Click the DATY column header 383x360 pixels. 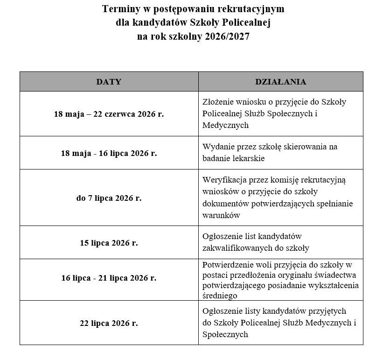(x=109, y=82)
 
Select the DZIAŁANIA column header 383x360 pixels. (x=280, y=82)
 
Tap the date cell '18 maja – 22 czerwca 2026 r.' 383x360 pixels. (x=109, y=113)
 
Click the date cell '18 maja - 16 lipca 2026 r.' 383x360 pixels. (x=109, y=153)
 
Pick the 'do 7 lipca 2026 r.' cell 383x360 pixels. (x=109, y=198)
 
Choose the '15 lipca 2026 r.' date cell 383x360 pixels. (x=109, y=242)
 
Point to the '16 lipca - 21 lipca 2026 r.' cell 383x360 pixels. (x=109, y=278)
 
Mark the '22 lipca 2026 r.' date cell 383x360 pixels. (x=109, y=323)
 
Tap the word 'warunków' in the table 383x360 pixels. (x=221, y=216)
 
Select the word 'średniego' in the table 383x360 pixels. (x=220, y=296)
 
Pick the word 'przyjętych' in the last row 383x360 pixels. (x=329, y=311)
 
